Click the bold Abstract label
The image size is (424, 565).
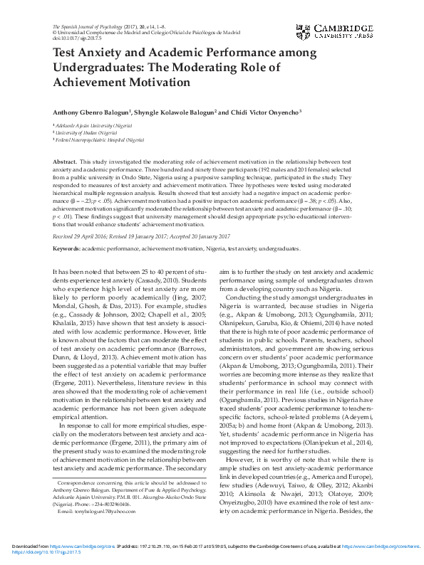point(65,163)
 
